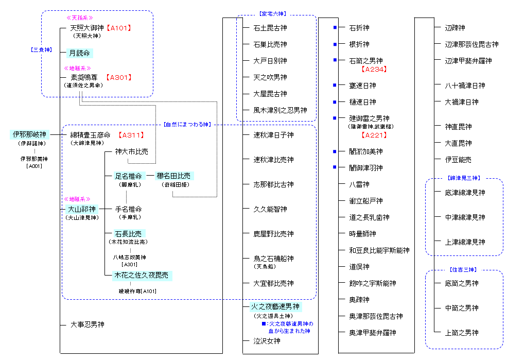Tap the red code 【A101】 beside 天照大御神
(120, 28)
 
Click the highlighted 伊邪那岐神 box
(29, 135)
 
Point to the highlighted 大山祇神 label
(81, 209)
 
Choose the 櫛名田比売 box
(176, 176)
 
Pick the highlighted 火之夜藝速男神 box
(276, 307)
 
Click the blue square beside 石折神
(335, 28)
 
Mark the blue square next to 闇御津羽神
(335, 168)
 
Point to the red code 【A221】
(374, 135)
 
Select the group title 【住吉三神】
(464, 269)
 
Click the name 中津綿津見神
(465, 217)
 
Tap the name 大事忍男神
(87, 324)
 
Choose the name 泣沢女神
(267, 341)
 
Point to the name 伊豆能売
(458, 160)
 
